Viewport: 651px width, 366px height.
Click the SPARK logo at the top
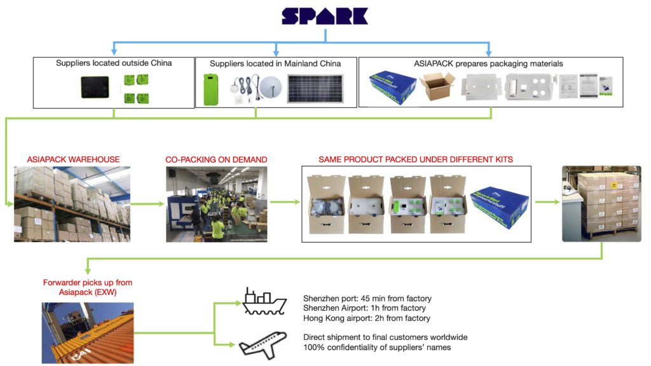324,16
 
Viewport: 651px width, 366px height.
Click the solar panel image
315,89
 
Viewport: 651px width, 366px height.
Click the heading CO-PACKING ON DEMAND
216,159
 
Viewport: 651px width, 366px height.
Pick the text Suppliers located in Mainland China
275,64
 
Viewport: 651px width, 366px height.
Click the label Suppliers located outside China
114,63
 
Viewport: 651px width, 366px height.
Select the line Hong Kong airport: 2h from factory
367,318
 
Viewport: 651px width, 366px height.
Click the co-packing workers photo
216,204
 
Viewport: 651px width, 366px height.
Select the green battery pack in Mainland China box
210,89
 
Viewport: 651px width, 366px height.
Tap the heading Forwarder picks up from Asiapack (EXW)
88,287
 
